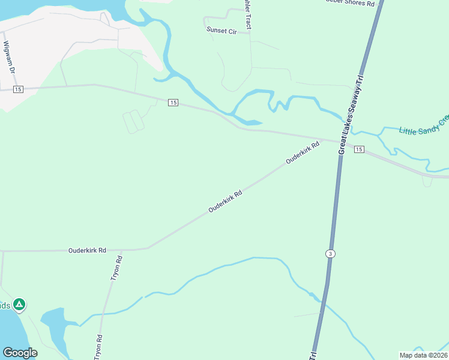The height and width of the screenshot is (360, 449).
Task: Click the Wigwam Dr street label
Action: pos(8,57)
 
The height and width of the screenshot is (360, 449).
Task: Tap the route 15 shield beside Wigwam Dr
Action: pos(17,89)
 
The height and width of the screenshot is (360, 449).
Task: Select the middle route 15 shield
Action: pos(173,103)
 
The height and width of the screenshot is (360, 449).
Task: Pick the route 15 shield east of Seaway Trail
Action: pos(358,149)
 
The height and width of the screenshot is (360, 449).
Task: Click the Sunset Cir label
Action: pos(221,30)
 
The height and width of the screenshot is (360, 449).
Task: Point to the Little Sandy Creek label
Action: pos(424,127)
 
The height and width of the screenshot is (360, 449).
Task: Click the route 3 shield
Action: pos(330,254)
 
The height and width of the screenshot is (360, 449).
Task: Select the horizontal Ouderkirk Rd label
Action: pos(87,250)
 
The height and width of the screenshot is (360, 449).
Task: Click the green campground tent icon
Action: pos(20,305)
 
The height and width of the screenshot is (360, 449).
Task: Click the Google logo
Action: pos(20,353)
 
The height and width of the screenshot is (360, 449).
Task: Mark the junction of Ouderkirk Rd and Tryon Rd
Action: pos(121,250)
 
